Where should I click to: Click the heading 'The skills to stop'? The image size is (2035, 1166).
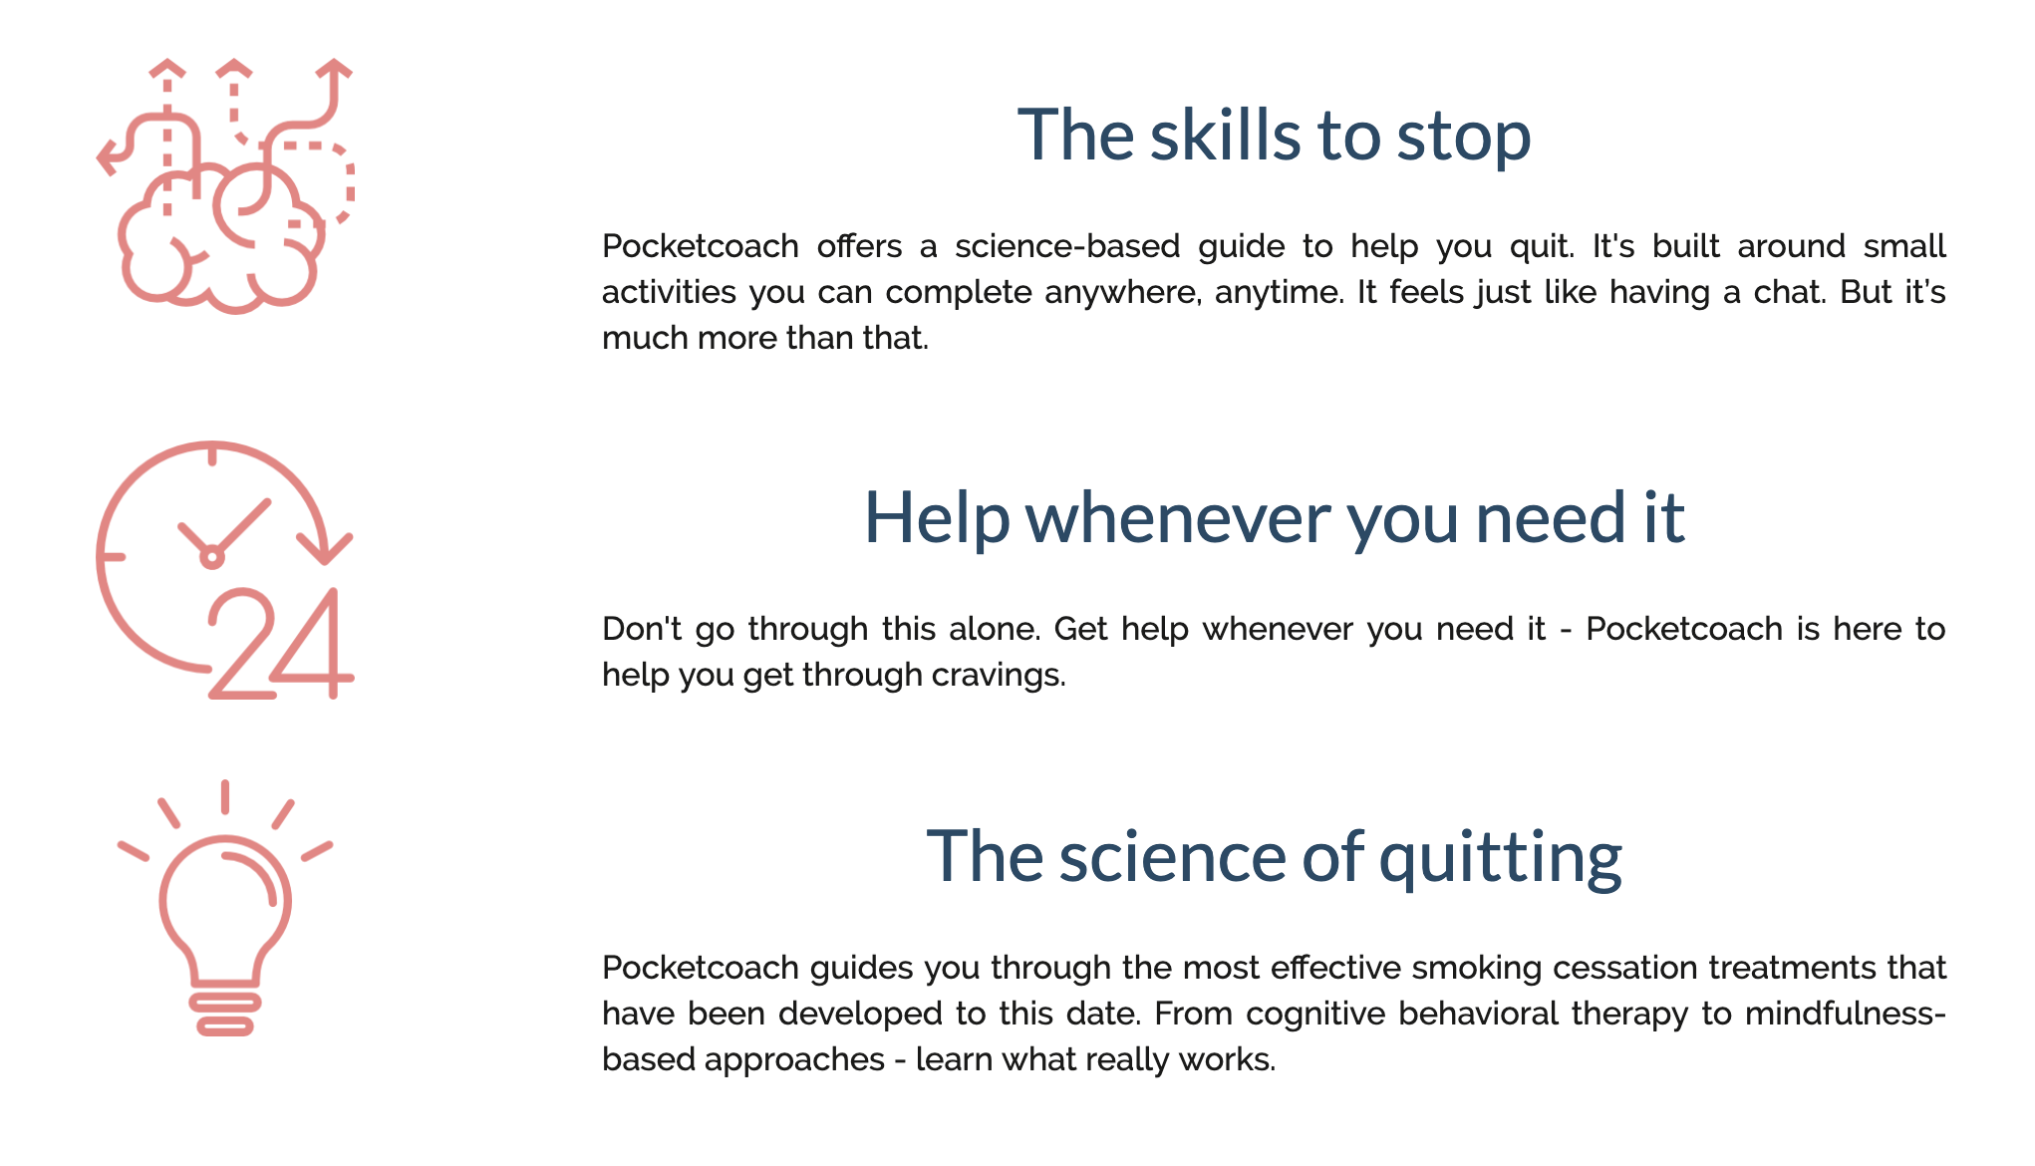1274,136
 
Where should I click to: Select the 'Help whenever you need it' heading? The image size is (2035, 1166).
1274,518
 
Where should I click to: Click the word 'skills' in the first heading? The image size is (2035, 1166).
1225,136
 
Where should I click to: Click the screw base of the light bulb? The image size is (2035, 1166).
225,1013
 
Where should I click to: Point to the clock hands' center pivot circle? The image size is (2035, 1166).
211,556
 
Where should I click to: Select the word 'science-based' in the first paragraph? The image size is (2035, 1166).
1067,246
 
